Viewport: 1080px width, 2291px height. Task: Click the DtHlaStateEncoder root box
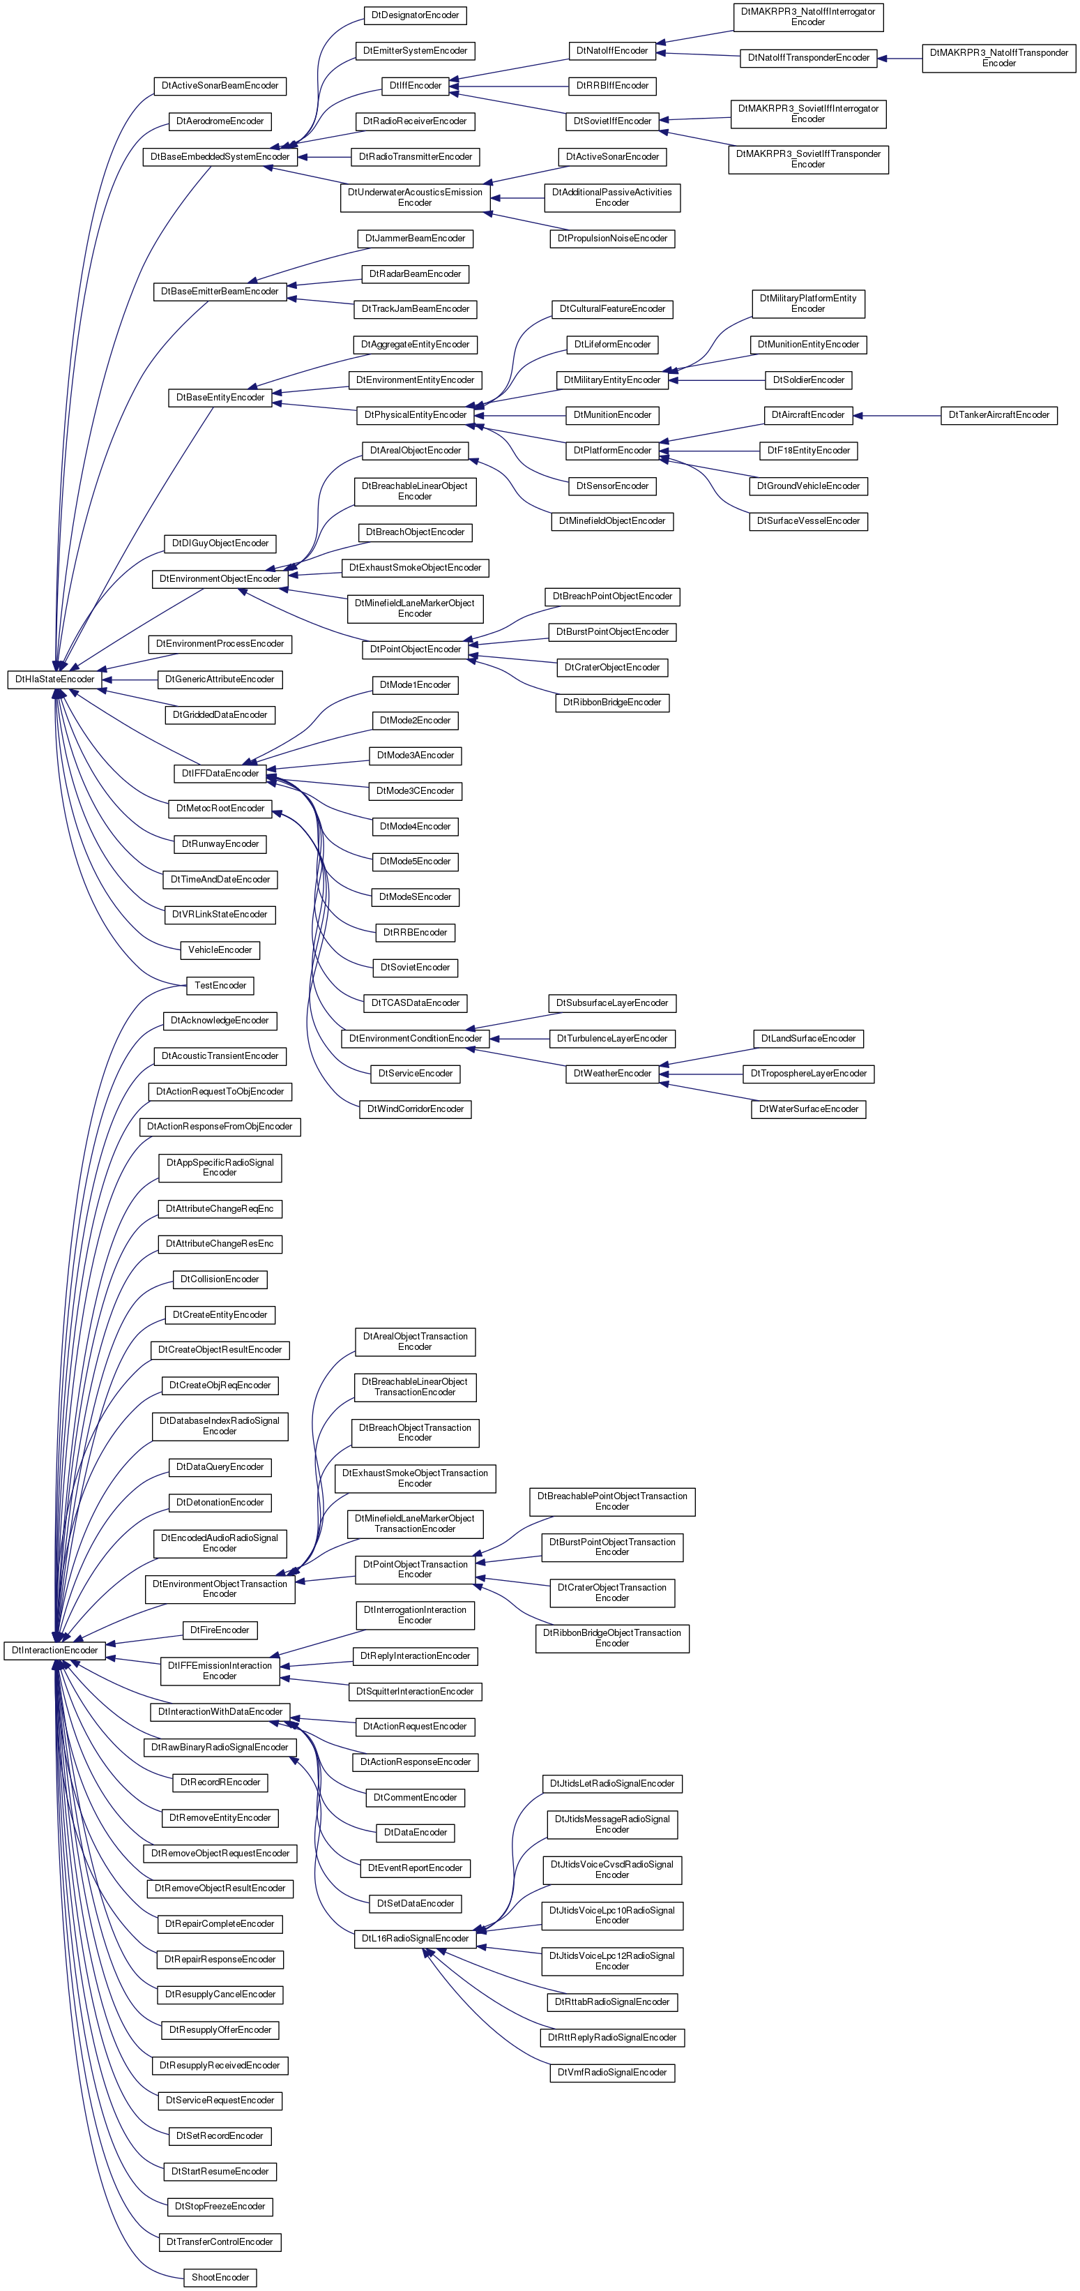coord(55,679)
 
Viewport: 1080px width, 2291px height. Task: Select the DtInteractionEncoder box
coord(55,1651)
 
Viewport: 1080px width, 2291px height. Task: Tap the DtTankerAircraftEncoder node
coord(998,415)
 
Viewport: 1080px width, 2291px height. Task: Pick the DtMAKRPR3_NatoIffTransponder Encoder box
coord(998,58)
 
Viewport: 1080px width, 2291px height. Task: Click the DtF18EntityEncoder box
coord(808,451)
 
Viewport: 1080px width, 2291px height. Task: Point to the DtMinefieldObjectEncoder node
coord(611,521)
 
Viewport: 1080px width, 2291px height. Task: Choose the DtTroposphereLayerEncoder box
coord(808,1074)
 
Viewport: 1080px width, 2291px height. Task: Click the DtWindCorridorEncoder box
coord(415,1110)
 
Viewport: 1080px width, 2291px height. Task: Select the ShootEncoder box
coord(220,2278)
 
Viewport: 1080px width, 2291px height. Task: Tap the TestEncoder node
coord(220,986)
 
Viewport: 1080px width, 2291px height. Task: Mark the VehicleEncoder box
coord(220,950)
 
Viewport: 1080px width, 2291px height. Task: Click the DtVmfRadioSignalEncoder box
coord(611,2073)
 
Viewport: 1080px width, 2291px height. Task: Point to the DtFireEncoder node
coord(220,1630)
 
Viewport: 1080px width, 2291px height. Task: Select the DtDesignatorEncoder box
coord(415,15)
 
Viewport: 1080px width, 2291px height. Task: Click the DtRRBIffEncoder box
coord(611,87)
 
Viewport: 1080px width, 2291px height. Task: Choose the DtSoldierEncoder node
coord(808,381)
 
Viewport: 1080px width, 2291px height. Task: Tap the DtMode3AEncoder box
coord(415,756)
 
